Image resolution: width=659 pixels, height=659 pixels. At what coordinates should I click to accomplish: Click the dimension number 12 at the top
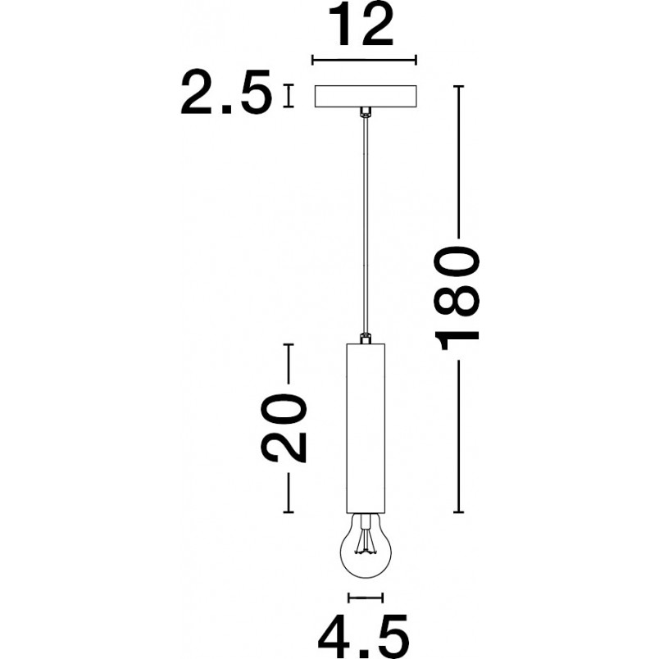[361, 25]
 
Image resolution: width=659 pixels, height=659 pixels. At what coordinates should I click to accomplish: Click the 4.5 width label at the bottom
[363, 637]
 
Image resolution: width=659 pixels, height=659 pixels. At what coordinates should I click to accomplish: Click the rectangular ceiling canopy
[366, 96]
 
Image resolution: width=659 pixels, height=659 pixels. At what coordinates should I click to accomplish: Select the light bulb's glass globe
[365, 548]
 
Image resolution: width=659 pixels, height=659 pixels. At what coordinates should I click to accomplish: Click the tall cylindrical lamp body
[366, 428]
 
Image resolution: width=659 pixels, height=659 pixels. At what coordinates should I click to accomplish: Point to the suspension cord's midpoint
[366, 225]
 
